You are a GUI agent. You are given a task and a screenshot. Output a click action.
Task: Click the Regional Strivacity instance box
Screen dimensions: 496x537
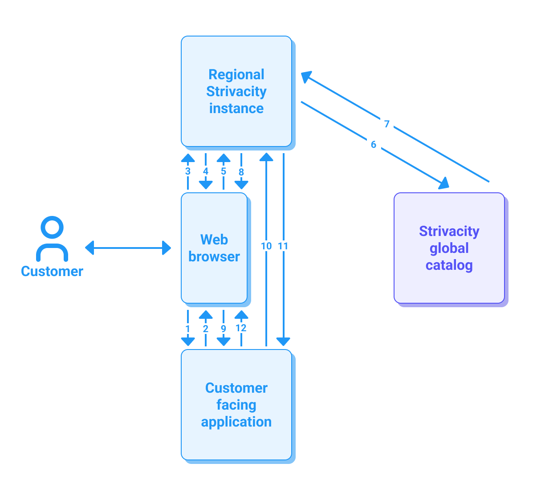pyautogui.click(x=236, y=91)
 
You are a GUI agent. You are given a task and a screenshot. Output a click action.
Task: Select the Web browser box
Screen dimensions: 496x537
pyautogui.click(x=214, y=248)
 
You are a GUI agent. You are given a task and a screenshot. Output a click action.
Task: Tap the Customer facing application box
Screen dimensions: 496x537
pyautogui.click(x=236, y=405)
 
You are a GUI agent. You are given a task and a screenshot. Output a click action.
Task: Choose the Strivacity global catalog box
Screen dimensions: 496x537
pyautogui.click(x=449, y=248)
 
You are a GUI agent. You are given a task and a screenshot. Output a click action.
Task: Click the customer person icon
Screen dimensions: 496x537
pyautogui.click(x=52, y=238)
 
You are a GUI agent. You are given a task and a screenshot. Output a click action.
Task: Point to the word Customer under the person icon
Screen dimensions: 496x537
pyautogui.click(x=52, y=271)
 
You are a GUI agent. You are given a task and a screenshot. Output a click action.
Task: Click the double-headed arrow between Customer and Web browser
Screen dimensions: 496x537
pyautogui.click(x=128, y=248)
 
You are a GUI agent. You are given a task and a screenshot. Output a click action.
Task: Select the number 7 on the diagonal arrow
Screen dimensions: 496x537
pyautogui.click(x=387, y=124)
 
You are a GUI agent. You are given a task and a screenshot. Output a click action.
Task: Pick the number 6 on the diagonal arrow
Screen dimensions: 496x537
pyautogui.click(x=374, y=144)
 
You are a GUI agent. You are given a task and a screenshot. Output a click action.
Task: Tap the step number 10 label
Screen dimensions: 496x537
pyautogui.click(x=266, y=246)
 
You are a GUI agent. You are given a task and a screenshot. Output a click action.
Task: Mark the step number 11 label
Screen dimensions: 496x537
pyautogui.click(x=283, y=246)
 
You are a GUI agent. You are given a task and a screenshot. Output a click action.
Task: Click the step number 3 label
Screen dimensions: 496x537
pyautogui.click(x=188, y=171)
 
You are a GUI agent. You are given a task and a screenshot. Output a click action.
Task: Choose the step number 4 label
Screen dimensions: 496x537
pyautogui.click(x=206, y=171)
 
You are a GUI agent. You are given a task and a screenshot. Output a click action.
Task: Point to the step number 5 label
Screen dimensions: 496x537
pyautogui.click(x=224, y=171)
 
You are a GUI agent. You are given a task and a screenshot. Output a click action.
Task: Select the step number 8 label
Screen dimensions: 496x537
pyautogui.click(x=241, y=172)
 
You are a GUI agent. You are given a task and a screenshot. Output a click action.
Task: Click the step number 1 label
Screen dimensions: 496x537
pyautogui.click(x=188, y=329)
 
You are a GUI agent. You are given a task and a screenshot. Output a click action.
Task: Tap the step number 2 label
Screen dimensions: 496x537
pyautogui.click(x=206, y=329)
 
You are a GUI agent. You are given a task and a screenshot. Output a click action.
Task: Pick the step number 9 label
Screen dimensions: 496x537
pyautogui.click(x=224, y=329)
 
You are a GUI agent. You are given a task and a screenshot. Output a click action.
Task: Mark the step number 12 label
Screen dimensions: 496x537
pyautogui.click(x=241, y=328)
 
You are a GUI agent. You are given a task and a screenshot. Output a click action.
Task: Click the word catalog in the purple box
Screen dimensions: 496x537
pyautogui.click(x=449, y=265)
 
